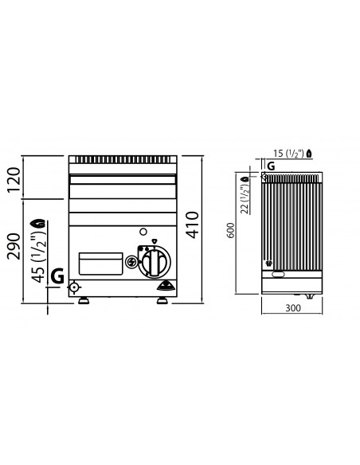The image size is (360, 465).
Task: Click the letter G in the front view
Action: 57,276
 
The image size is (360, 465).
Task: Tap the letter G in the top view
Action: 271,166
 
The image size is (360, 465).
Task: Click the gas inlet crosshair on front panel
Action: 75,287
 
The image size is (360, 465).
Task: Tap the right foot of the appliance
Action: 162,300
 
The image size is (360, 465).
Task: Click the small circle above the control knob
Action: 143,232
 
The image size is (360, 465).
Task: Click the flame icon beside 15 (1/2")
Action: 319,152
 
